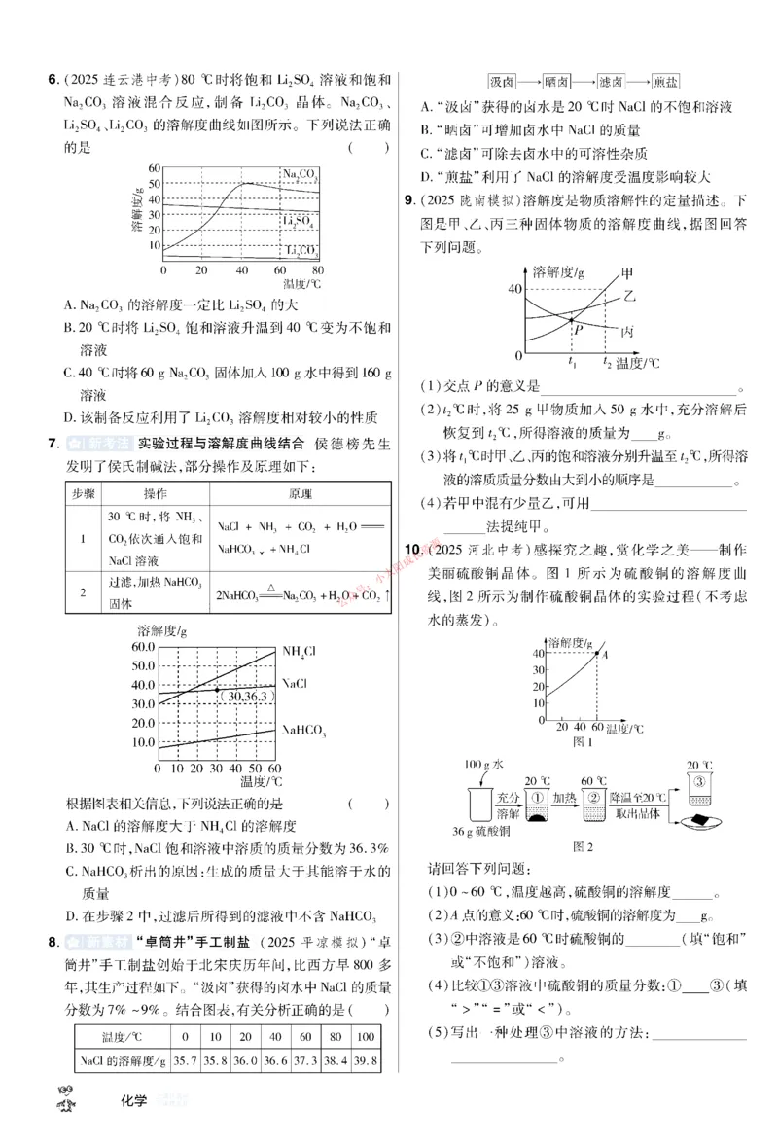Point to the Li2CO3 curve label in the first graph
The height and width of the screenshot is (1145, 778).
301,251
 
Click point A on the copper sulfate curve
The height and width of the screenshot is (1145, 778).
598,654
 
